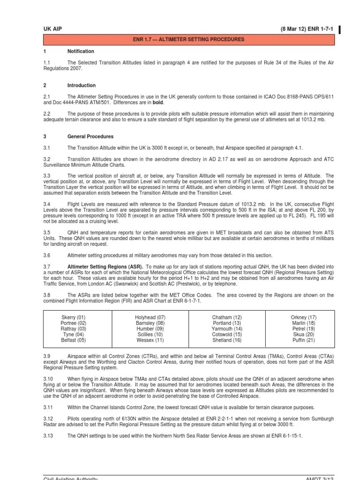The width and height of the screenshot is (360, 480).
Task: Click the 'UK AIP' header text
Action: pos(52,29)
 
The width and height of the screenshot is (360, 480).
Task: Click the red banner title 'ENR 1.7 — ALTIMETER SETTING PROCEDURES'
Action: pos(189,40)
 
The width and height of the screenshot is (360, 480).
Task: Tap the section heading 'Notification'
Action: pos(81,51)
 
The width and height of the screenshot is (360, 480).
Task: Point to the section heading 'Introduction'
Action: pos(82,85)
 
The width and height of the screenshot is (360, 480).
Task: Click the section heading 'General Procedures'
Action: pos(90,136)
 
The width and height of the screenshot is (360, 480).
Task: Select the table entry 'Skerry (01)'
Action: pos(74,317)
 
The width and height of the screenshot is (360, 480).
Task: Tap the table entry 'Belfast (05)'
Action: pos(74,340)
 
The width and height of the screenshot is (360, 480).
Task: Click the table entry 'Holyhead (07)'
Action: pos(150,317)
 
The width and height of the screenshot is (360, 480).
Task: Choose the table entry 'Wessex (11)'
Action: pos(150,340)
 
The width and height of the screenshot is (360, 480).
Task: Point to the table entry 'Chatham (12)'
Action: pos(227,317)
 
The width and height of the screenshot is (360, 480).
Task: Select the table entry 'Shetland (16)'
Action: pos(227,340)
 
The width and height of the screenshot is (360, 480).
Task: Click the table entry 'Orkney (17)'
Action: pos(304,317)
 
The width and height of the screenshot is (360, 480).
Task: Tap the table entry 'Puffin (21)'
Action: pos(304,340)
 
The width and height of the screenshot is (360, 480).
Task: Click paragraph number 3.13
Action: pos(49,435)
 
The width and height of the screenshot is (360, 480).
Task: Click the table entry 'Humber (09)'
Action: pos(150,329)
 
